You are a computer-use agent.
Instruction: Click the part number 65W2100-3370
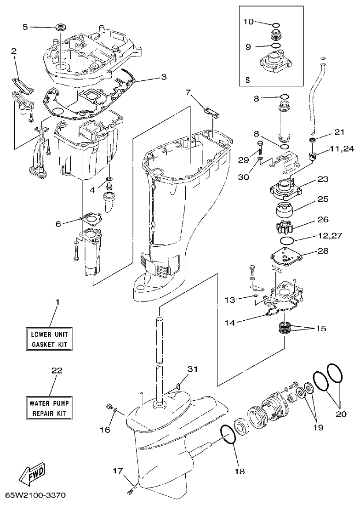point(35,496)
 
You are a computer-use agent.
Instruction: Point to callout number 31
point(193,369)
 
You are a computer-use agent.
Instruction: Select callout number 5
point(26,27)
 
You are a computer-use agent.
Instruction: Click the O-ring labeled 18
point(228,435)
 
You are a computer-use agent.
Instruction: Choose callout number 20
point(341,413)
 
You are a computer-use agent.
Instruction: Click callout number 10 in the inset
point(248,22)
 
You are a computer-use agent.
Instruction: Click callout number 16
point(105,430)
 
